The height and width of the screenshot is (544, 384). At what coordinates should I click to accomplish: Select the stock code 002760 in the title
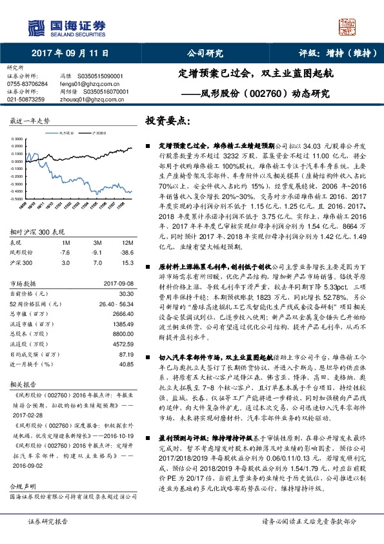267,93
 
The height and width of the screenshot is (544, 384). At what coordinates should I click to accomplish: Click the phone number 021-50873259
26,99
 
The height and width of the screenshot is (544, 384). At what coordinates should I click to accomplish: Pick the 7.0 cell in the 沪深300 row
97,245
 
